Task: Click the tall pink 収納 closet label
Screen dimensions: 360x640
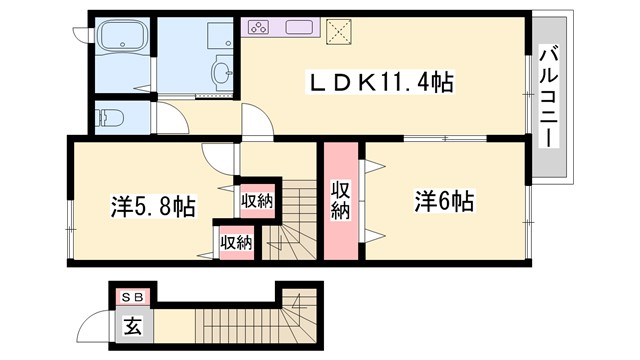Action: coord(341,199)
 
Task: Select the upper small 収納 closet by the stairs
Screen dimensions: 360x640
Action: coord(256,201)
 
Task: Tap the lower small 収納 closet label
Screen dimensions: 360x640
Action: coord(236,242)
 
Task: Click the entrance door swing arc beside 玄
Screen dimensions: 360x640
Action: coord(96,325)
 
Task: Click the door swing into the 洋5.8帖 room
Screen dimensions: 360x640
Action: coord(217,156)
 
